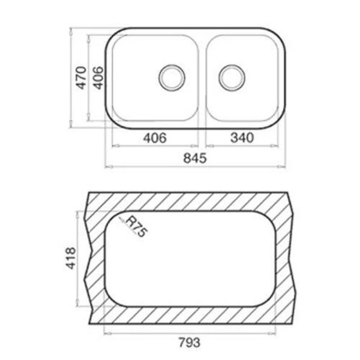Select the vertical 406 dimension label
tap(98, 77)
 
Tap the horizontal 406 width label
tap(154, 137)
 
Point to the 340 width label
tap(241, 137)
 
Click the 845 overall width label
tap(195, 159)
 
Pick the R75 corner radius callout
tap(136, 227)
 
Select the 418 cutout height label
tap(71, 257)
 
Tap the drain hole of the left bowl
tap(172, 77)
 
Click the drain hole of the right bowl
tap(232, 77)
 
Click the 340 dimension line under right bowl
tap(264, 145)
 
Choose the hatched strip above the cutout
tap(192, 201)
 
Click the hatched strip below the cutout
tap(192, 314)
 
